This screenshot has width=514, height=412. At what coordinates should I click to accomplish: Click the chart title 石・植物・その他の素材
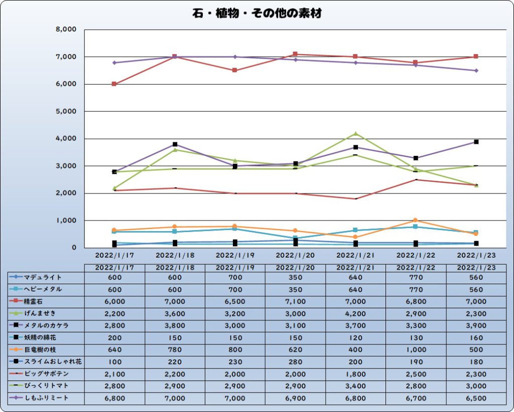tap(257, 14)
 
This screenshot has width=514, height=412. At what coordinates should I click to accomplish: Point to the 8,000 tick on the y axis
tap(66, 30)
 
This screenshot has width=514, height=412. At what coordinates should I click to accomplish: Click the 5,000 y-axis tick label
tap(66, 111)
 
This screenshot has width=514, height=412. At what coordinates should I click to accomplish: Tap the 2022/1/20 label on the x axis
tap(295, 255)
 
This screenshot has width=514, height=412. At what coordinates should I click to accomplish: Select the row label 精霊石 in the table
tap(34, 302)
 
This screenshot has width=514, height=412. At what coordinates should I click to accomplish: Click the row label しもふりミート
tap(46, 398)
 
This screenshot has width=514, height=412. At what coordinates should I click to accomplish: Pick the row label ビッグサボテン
tap(46, 374)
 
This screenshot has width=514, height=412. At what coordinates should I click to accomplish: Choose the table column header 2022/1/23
tap(476, 268)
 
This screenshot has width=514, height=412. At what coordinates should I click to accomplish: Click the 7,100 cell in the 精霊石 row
tap(295, 302)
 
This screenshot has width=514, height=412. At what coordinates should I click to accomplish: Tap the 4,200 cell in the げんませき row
tap(355, 314)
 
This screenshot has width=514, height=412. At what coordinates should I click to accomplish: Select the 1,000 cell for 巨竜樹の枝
tap(416, 350)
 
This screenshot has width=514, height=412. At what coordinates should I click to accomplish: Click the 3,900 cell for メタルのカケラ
tap(476, 326)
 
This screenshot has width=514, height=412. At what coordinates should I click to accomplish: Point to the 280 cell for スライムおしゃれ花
tap(295, 362)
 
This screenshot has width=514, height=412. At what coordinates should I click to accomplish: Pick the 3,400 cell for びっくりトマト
tap(355, 386)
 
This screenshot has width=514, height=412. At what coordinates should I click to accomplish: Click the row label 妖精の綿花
tap(40, 338)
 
